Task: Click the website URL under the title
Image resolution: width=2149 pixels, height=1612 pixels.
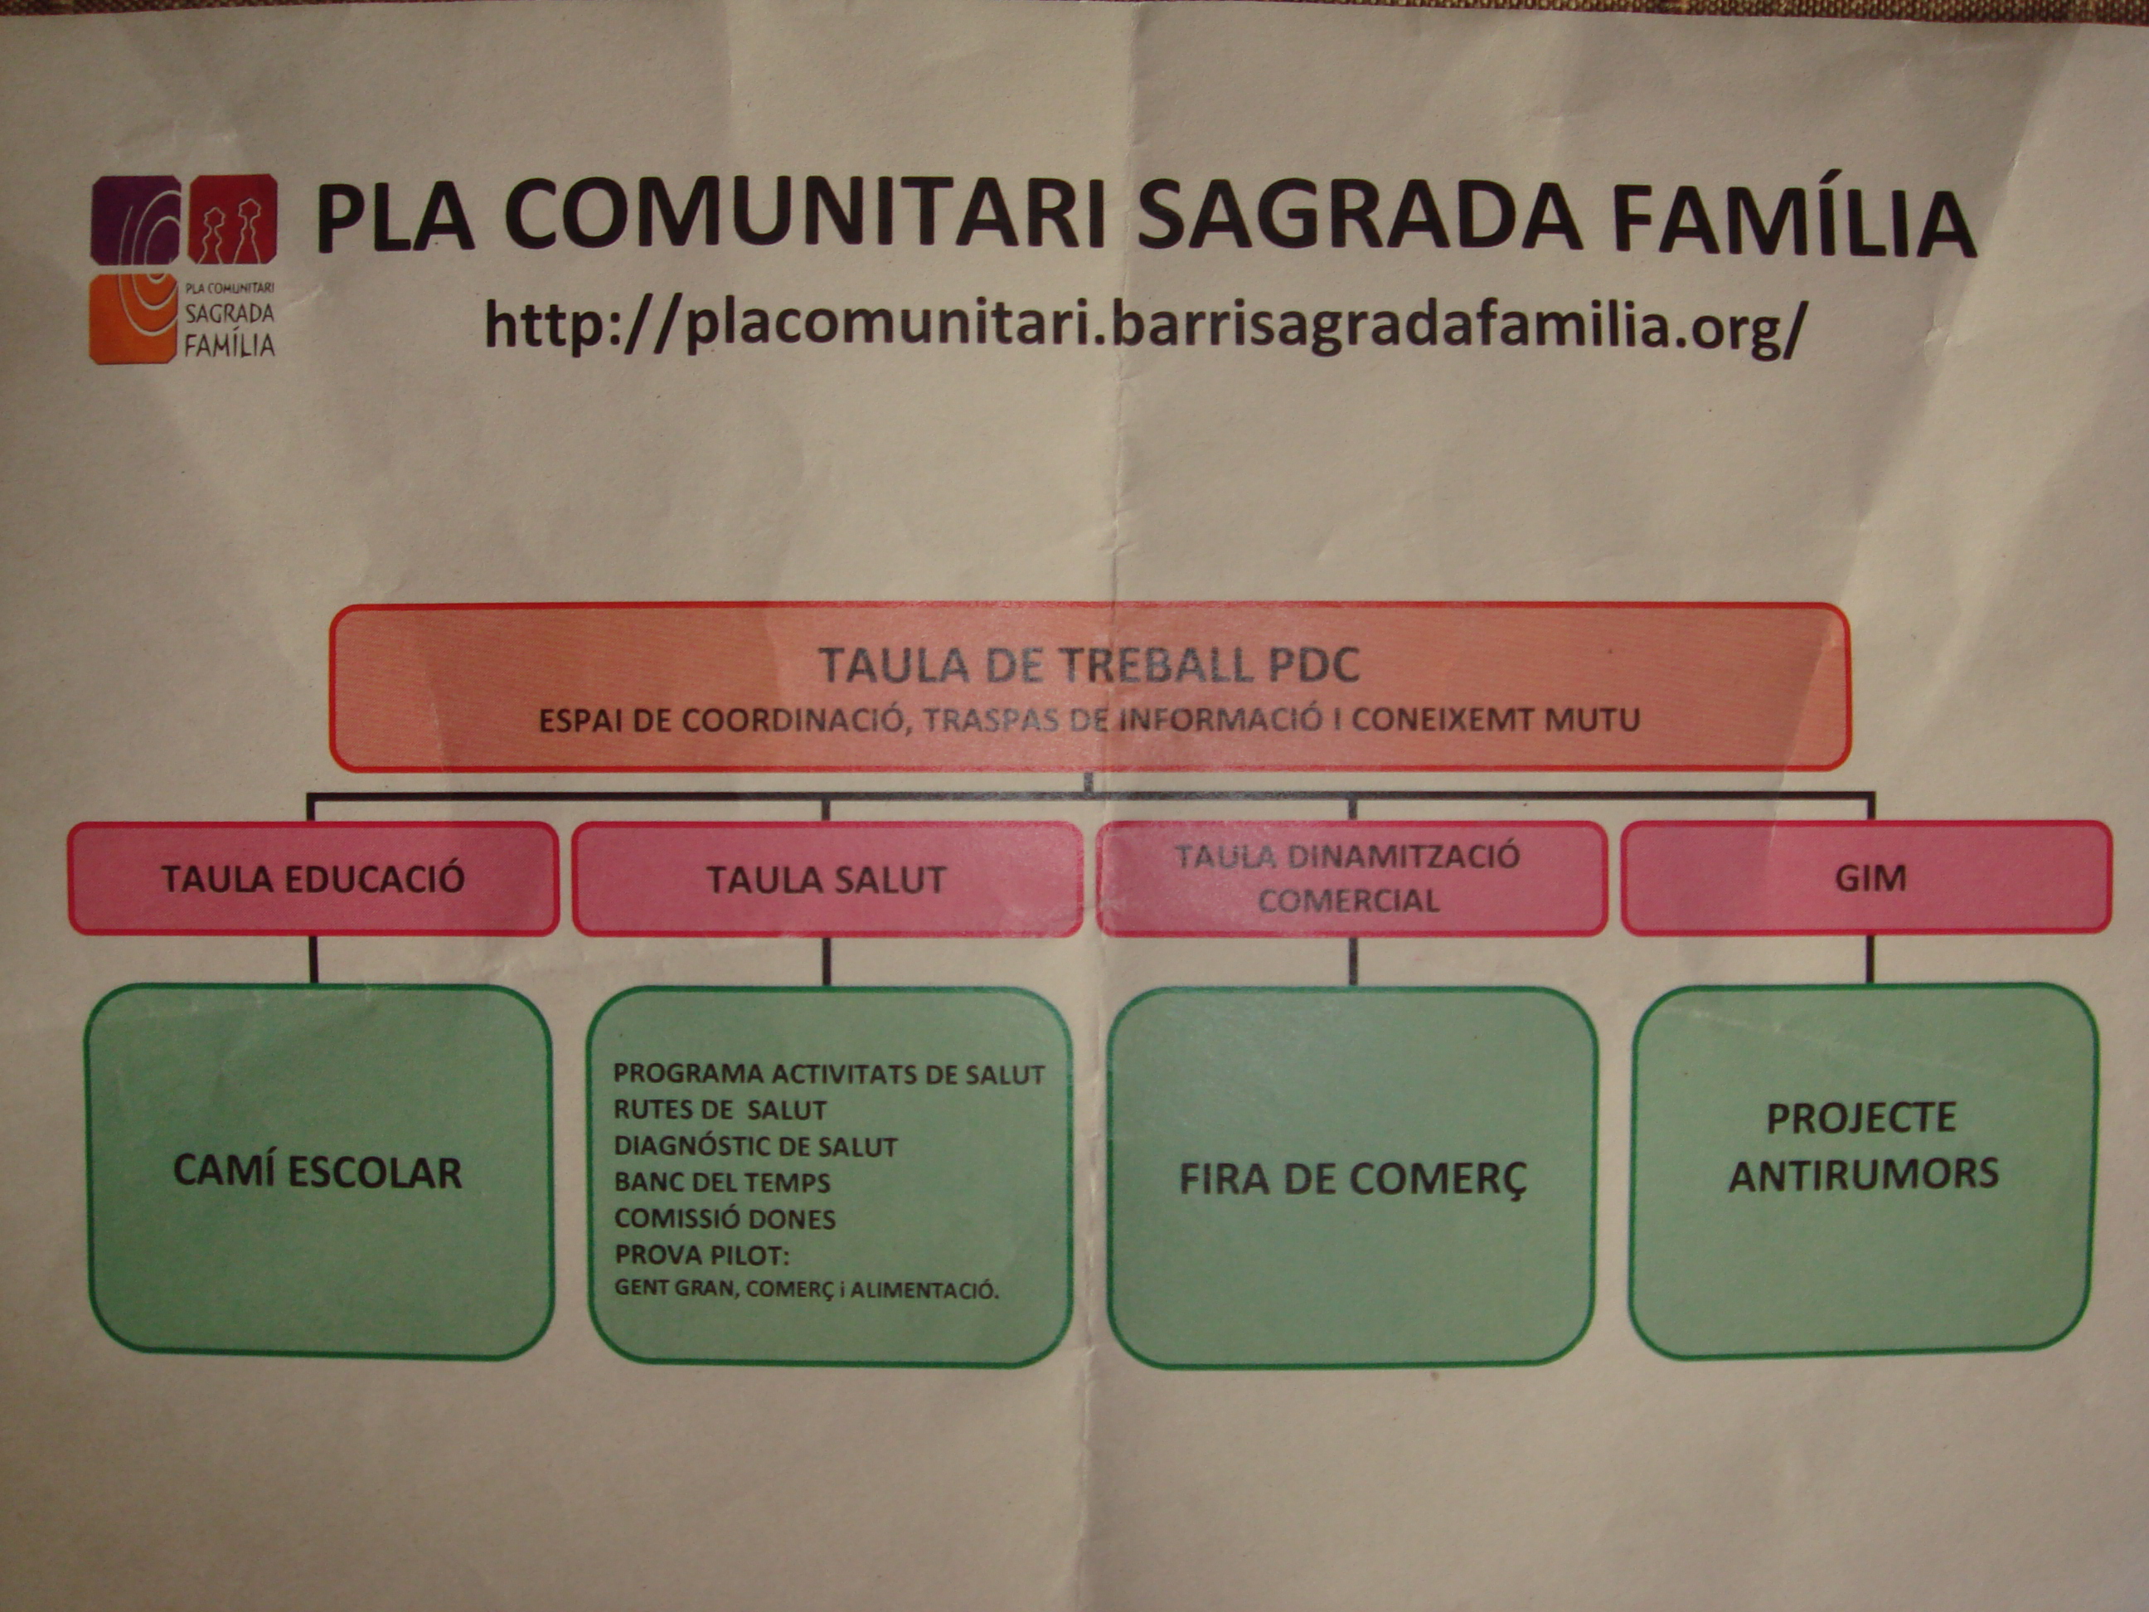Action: pos(1144,324)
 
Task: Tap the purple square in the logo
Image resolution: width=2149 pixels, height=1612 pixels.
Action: pos(136,220)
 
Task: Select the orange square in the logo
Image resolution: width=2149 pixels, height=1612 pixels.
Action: pos(134,318)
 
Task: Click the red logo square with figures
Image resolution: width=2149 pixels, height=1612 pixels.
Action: pos(232,219)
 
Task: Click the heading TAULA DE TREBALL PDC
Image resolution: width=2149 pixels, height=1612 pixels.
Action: pos(1088,666)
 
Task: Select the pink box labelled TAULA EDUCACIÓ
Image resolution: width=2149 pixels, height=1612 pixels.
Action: pos(313,878)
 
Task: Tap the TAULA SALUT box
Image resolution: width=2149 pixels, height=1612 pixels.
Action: pos(827,879)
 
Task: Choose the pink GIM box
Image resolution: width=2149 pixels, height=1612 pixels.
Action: pos(1866,877)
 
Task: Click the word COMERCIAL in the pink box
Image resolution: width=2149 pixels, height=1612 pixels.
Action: pos(1348,901)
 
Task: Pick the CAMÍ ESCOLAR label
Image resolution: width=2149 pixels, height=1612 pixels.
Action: pos(318,1173)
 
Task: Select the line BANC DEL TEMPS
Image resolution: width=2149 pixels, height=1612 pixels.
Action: pos(722,1182)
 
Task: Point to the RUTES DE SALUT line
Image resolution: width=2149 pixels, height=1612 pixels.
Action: pos(720,1109)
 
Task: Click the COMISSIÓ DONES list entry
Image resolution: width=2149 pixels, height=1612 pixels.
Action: pos(725,1218)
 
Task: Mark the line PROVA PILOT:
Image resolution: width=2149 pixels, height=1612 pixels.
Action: pos(702,1255)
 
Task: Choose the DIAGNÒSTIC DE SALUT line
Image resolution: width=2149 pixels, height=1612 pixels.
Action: pos(754,1147)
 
